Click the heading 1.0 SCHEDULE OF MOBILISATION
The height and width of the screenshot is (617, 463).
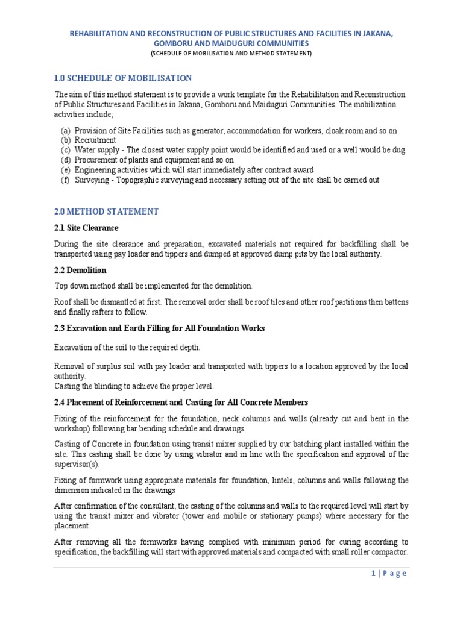pyautogui.click(x=123, y=78)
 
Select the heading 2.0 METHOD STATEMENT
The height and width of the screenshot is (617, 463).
pyautogui.click(x=106, y=211)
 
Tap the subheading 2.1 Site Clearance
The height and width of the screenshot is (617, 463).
pyautogui.click(x=86, y=228)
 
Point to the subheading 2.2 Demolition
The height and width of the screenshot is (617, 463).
pyautogui.click(x=80, y=270)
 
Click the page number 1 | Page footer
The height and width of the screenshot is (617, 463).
pyautogui.click(x=389, y=573)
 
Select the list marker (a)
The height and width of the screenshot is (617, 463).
pyautogui.click(x=65, y=131)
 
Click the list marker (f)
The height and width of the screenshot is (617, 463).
pyautogui.click(x=65, y=180)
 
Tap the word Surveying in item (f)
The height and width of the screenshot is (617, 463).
pyautogui.click(x=92, y=180)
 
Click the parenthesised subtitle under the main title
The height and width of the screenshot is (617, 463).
pyautogui.click(x=231, y=54)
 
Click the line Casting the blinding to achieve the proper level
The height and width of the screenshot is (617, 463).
pyautogui.click(x=134, y=386)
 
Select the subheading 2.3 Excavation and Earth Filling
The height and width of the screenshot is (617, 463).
pyautogui.click(x=159, y=328)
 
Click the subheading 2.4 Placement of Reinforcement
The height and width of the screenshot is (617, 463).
pyautogui.click(x=181, y=402)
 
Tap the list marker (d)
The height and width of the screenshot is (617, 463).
pyautogui.click(x=65, y=160)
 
